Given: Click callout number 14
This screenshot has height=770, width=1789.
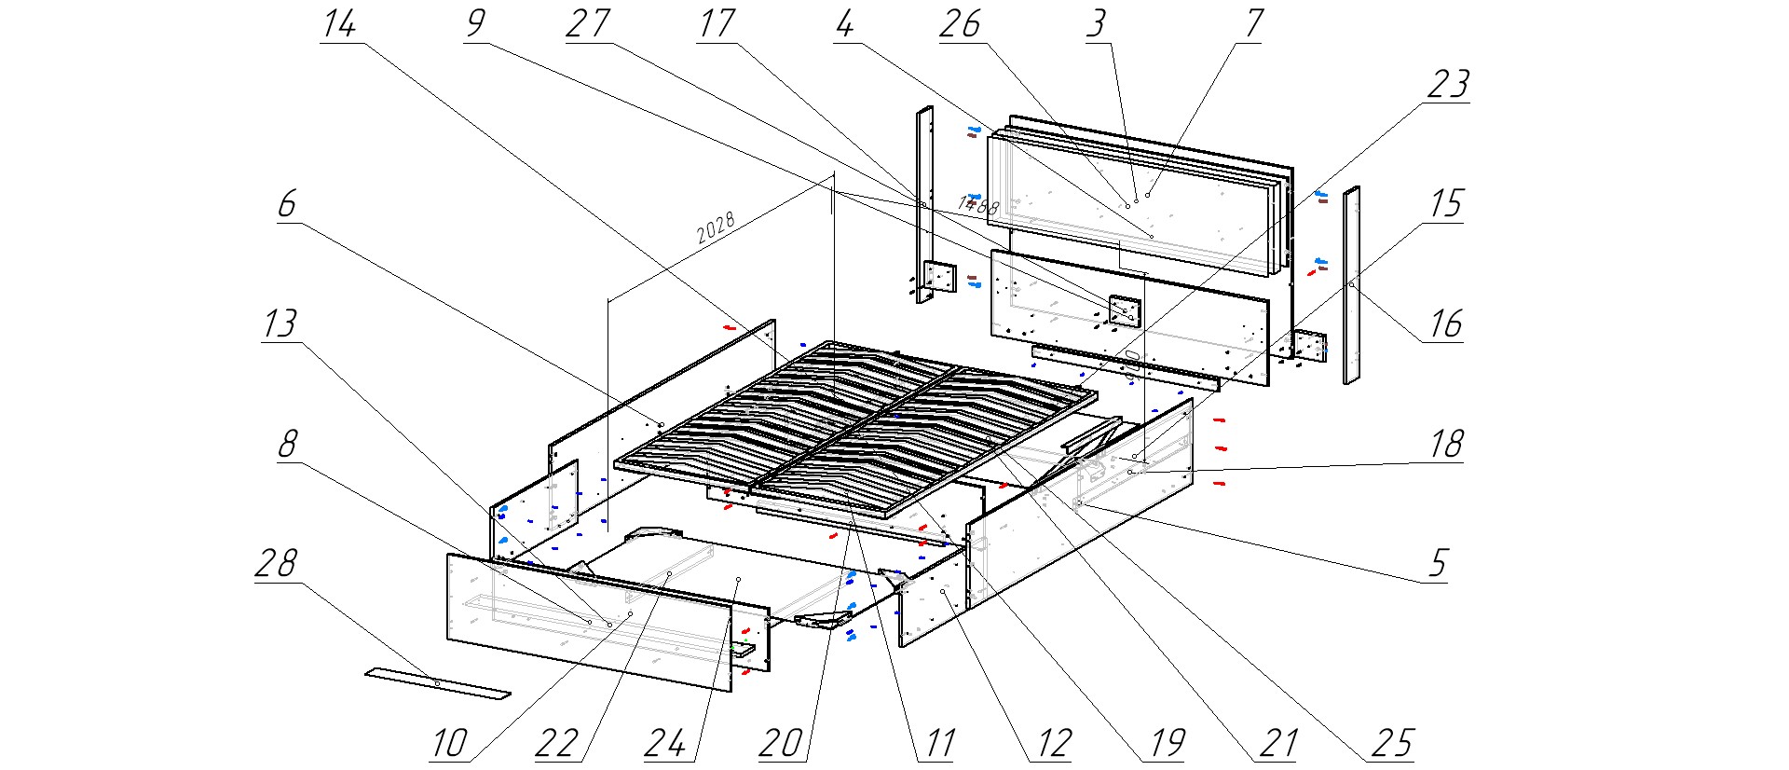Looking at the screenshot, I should (x=339, y=24).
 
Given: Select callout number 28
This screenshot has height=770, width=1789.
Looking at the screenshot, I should (x=276, y=564).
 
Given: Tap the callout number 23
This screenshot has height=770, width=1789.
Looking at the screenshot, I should (x=1448, y=85).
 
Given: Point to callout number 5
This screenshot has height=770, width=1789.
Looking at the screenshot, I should (x=1439, y=564).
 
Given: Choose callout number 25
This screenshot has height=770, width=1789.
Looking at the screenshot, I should (x=1392, y=743).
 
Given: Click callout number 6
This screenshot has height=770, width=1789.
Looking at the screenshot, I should (x=287, y=204).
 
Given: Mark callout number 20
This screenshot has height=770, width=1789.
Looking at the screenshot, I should (x=781, y=743).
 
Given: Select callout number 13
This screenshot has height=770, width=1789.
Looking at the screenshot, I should (x=280, y=324).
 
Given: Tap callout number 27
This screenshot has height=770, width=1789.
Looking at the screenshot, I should (x=587, y=24).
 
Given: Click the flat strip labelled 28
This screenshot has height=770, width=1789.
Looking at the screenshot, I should (x=437, y=683).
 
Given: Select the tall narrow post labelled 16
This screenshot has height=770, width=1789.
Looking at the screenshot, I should (x=1350, y=284).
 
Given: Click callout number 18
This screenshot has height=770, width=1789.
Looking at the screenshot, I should (x=1446, y=445).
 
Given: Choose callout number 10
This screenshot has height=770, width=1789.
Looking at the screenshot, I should (x=448, y=743).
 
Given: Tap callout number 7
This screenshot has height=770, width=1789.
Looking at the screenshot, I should (x=1253, y=24).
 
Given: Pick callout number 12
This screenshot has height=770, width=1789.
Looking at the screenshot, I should (x=1054, y=743).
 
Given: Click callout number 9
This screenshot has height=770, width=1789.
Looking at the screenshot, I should (x=475, y=24).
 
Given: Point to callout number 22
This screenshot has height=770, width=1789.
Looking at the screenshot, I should (x=557, y=743).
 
